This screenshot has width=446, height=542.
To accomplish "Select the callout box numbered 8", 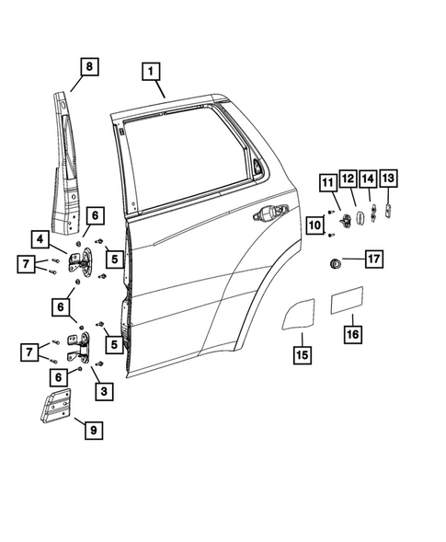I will tap(88, 66).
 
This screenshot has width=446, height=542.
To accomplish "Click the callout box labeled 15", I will tap(301, 352).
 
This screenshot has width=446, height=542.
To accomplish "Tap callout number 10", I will tap(314, 224).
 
